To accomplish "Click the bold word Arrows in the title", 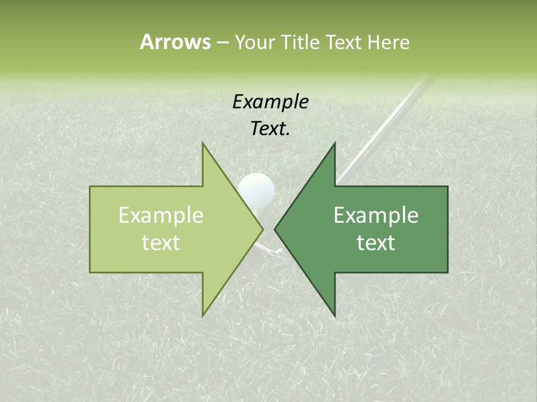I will click(x=175, y=42).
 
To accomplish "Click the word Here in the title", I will click(x=388, y=42).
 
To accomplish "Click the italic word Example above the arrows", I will click(x=270, y=102).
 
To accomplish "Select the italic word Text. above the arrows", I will click(x=270, y=129).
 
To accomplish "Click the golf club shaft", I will click(x=386, y=123).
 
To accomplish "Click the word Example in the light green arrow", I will click(x=161, y=216).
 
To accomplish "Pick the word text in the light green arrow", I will click(x=161, y=243).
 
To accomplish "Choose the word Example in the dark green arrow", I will click(x=376, y=216).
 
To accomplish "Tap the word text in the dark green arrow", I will click(x=376, y=243).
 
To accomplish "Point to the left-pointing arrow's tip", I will click(x=275, y=229).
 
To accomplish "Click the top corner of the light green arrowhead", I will click(x=204, y=145).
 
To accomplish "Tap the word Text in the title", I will click(x=345, y=42).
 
